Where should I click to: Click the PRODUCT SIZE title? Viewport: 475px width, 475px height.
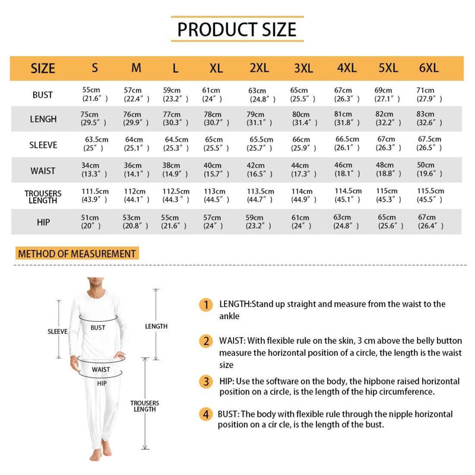[237, 29]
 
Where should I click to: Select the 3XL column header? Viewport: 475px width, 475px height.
[303, 68]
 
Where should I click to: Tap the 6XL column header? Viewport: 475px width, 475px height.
[429, 68]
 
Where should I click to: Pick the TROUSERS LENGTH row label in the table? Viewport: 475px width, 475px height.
[43, 197]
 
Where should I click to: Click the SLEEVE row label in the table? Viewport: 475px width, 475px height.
[43, 145]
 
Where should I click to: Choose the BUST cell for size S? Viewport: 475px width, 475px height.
[95, 94]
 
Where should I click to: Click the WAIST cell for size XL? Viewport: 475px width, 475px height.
[216, 170]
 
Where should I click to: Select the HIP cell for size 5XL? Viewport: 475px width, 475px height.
[390, 221]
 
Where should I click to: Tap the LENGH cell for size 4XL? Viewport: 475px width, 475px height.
[347, 118]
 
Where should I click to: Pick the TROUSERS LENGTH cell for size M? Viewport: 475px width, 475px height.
[137, 195]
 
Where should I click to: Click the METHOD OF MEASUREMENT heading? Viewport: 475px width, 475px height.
[77, 254]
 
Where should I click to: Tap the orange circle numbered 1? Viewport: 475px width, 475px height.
[206, 305]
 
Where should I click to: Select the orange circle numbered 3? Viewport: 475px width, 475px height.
[206, 381]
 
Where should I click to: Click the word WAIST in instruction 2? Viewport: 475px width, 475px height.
[232, 341]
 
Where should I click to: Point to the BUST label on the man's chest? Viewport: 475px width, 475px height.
[97, 328]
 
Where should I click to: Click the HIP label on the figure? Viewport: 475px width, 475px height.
[102, 384]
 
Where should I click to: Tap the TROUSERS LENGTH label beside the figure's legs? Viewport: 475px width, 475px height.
[144, 406]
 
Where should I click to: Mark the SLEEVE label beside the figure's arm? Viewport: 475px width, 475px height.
[58, 332]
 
